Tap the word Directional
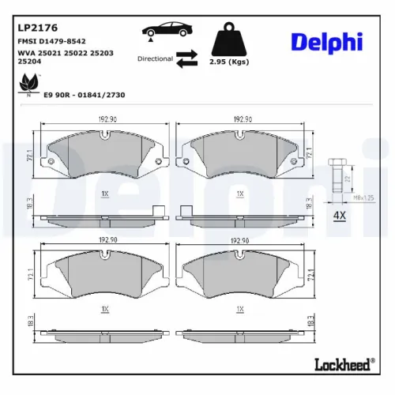[x=154, y=58]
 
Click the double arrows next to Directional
[x=186, y=58]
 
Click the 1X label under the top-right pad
[x=239, y=194]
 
